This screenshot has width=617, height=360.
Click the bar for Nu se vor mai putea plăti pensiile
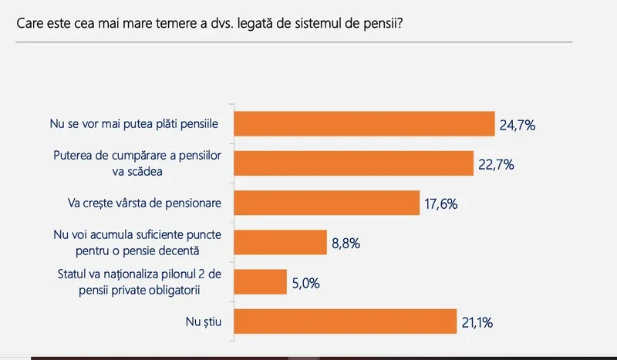(x=363, y=124)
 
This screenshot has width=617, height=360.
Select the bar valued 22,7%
(x=352, y=163)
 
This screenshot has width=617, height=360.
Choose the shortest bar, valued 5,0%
(x=260, y=281)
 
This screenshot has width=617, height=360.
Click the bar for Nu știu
(x=344, y=321)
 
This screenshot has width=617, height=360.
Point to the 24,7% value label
(x=518, y=125)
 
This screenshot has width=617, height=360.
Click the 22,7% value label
(x=497, y=164)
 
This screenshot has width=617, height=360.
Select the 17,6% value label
(x=442, y=204)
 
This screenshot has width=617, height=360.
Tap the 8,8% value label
(x=346, y=243)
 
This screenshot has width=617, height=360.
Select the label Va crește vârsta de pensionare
(x=140, y=204)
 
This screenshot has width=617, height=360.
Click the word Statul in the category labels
(x=74, y=274)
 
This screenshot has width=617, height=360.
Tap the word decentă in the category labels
(x=199, y=251)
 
